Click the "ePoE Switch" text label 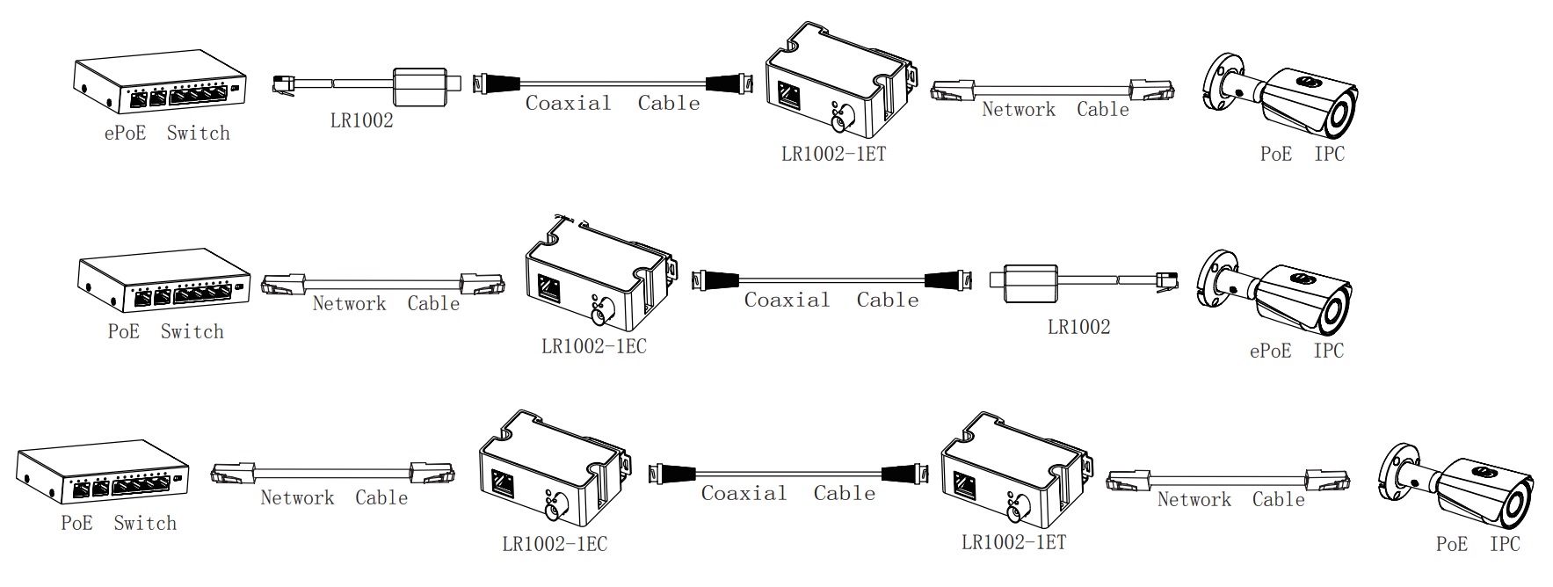click(167, 134)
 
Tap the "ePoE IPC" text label click(1296, 351)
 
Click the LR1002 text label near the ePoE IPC click(1078, 327)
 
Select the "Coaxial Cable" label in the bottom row click(787, 493)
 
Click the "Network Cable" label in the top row click(1055, 110)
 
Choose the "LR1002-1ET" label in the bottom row click(1013, 542)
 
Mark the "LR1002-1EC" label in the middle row click(593, 346)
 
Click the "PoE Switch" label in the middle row click(165, 332)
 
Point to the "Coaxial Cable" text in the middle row click(831, 300)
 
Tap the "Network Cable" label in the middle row click(386, 304)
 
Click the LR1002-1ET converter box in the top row click(835, 84)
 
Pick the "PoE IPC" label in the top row click(1302, 154)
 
